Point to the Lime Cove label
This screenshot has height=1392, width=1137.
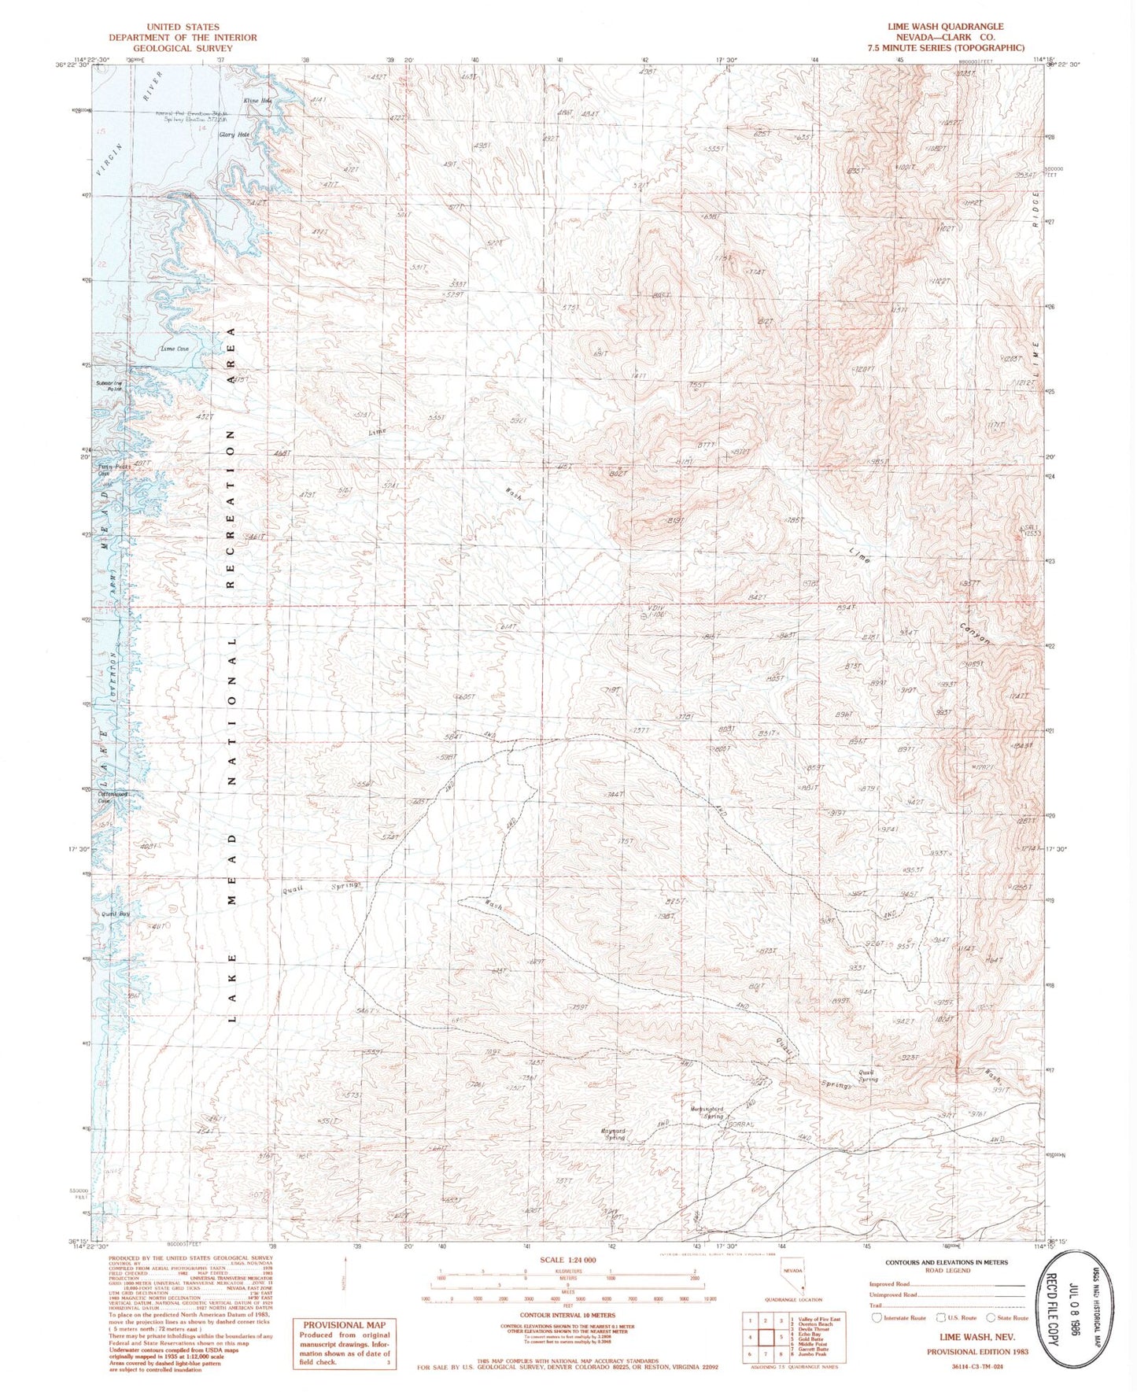[174, 348]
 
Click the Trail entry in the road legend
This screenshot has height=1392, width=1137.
[879, 1305]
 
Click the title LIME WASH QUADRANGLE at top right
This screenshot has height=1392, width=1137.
[945, 27]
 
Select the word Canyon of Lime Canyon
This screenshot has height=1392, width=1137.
[975, 634]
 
